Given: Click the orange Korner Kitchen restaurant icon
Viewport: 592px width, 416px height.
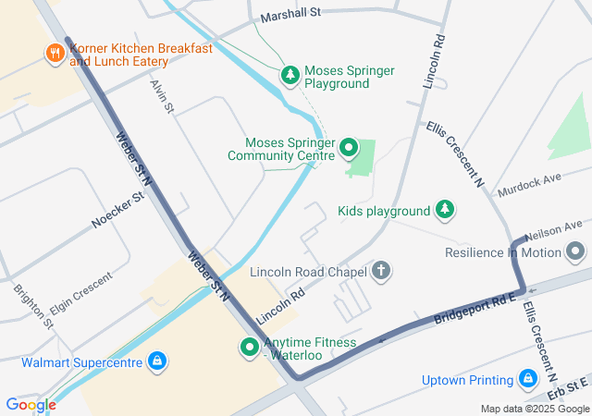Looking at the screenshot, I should pos(55,55).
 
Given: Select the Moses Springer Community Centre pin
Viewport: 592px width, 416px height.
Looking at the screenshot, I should pos(349,147).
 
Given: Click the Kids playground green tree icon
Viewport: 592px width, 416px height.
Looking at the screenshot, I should pos(445,210).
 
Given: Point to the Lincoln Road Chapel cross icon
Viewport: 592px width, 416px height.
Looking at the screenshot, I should pos(380,272).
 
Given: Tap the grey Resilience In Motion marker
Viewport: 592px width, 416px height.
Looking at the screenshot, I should pos(576,251).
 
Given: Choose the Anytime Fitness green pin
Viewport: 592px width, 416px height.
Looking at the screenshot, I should pos(249,348).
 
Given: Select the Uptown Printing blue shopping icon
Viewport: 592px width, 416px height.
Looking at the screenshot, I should pos(528,379).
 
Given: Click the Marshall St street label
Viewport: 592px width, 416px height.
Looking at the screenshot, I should pos(290,14).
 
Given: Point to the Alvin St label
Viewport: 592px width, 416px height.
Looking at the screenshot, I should pos(163,96).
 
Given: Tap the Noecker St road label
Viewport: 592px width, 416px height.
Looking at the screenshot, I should pos(118,210).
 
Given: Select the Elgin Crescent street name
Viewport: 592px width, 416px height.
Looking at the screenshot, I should pos(81,293).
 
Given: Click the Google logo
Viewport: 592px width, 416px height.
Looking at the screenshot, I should pos(31,404).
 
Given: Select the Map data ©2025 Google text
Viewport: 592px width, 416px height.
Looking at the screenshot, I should pos(535,409).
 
